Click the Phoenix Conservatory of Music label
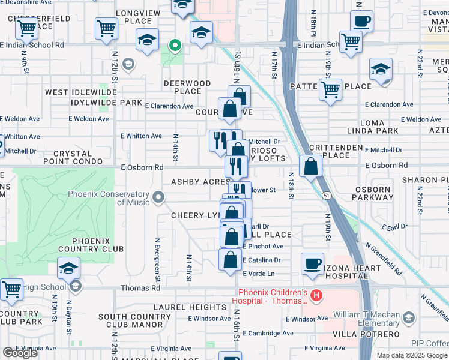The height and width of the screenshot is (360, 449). tap(108, 198)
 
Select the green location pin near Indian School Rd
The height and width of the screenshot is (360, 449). tap(175, 45)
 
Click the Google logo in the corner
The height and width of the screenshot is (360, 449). tap(20, 353)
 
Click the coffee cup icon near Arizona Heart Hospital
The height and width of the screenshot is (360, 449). tap(312, 263)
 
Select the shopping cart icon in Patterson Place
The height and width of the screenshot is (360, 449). tap(330, 90)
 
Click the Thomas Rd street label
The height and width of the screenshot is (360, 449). tap(140, 288)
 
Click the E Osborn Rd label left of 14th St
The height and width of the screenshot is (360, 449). tap(142, 167)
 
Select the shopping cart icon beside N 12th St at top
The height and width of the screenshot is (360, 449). tap(106, 28)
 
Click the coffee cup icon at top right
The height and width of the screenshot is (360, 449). tap(361, 22)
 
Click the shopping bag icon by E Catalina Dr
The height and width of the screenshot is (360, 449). tap(230, 260)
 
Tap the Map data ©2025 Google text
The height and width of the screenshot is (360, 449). tap(411, 355)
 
